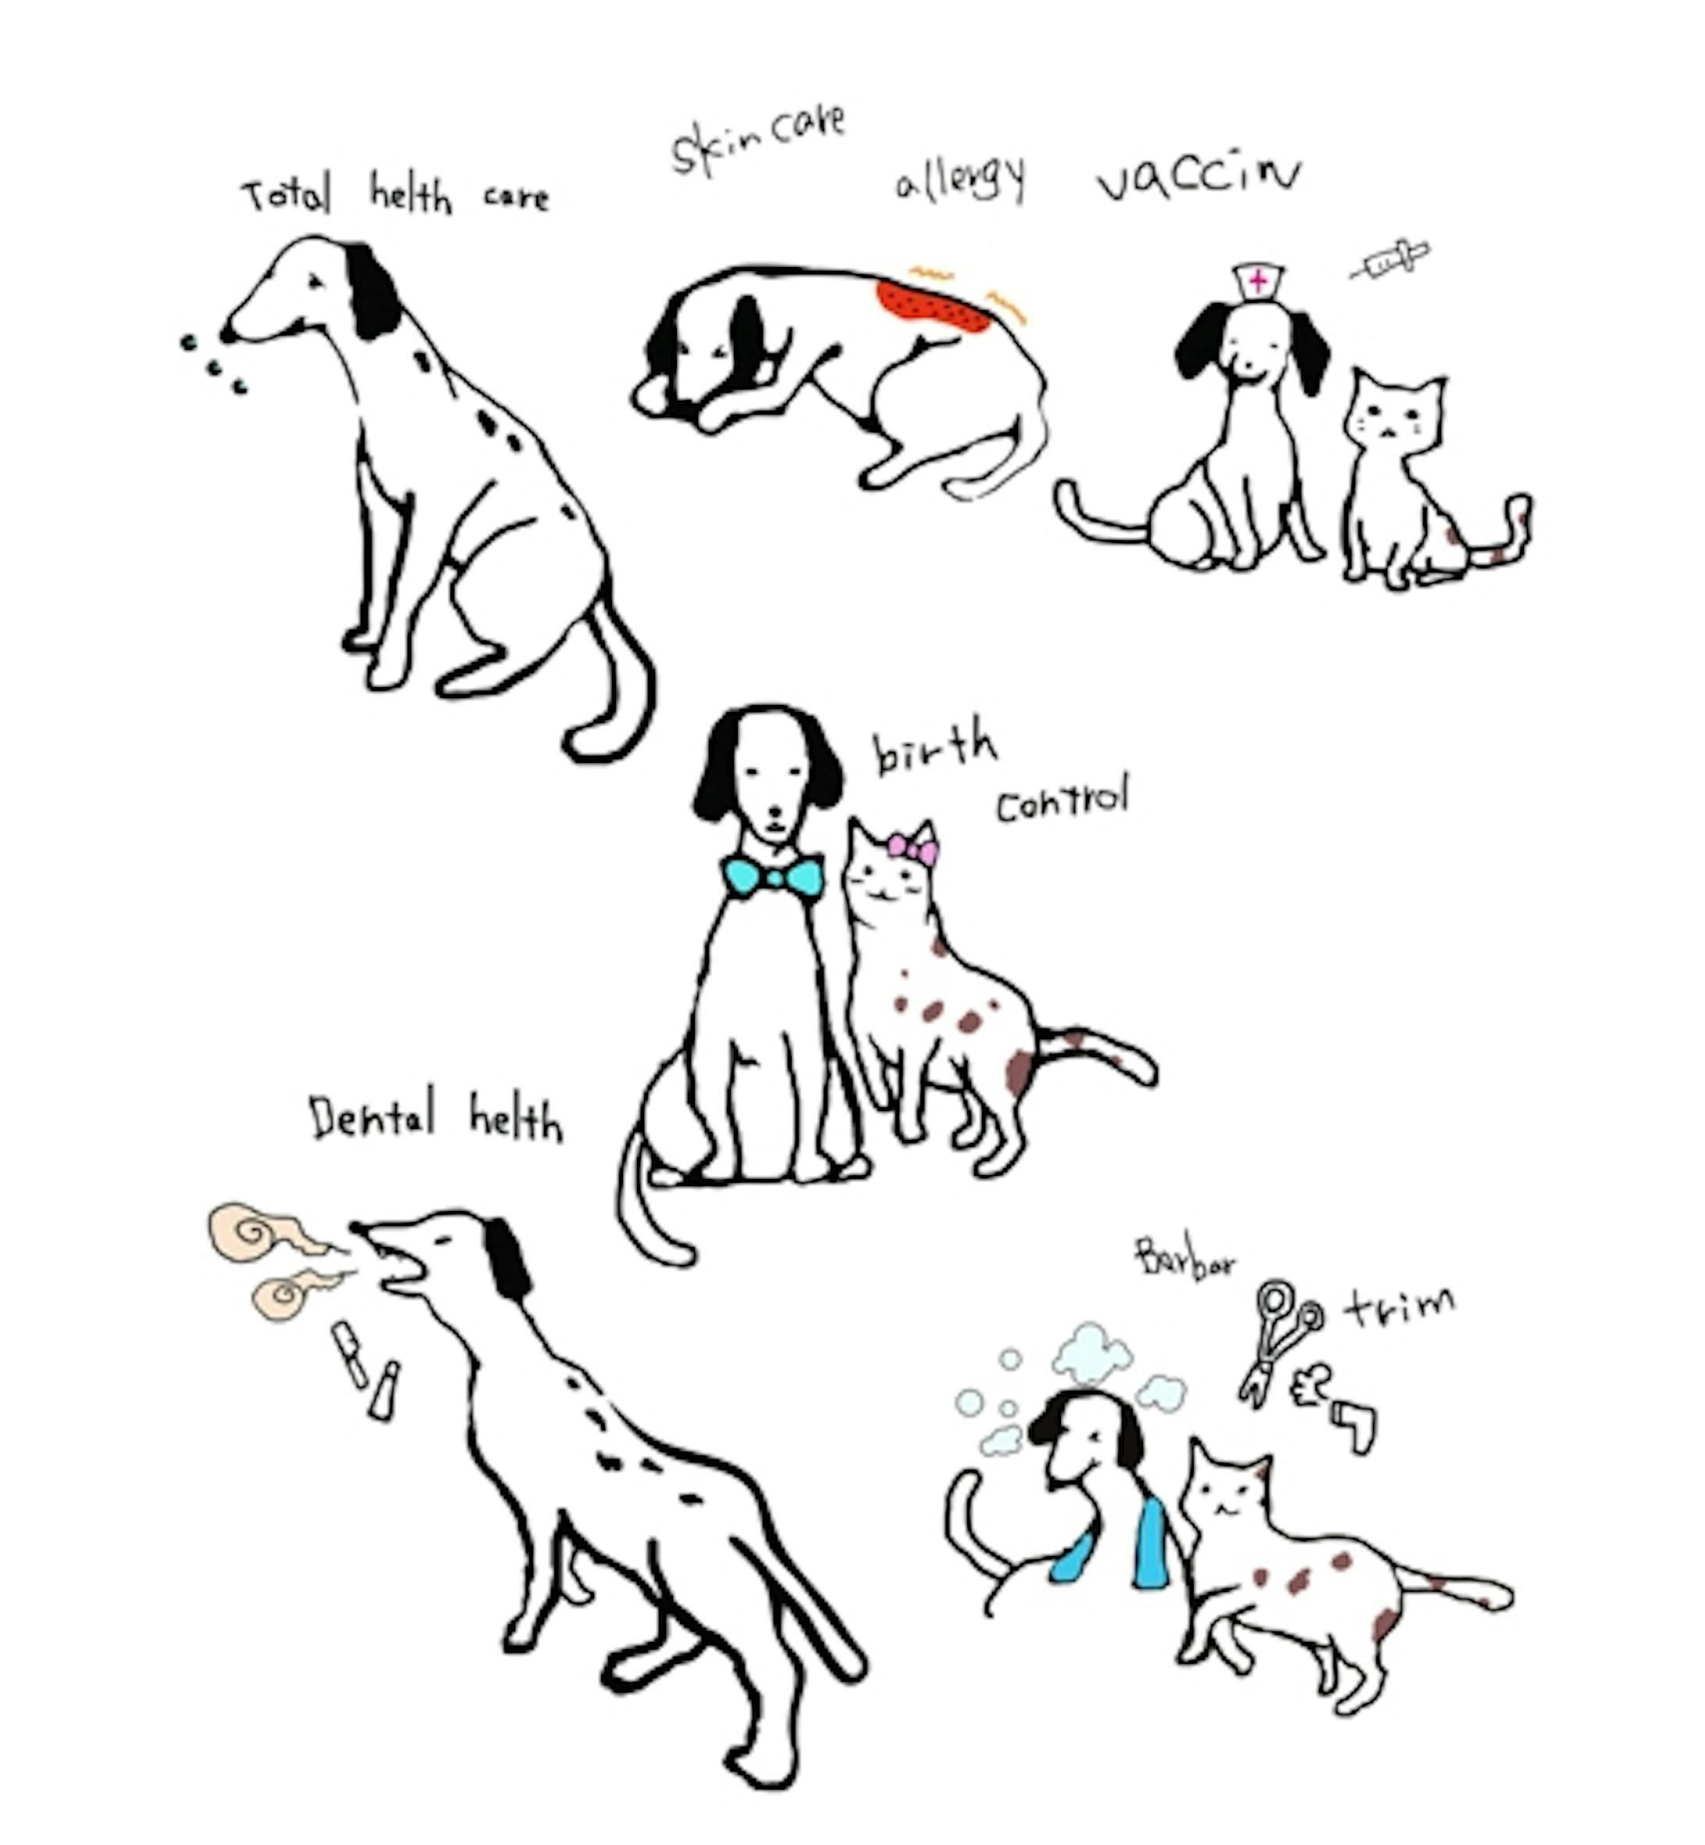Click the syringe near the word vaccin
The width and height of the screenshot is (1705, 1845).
coord(1390,259)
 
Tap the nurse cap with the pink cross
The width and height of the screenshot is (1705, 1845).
coord(1257,280)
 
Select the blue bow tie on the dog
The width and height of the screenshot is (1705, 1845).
coord(773,875)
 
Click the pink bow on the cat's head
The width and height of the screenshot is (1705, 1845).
coord(913,848)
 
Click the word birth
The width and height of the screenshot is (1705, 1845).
coord(934,750)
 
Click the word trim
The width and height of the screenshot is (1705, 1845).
coord(1400,1305)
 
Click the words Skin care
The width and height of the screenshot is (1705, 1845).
coord(757,141)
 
